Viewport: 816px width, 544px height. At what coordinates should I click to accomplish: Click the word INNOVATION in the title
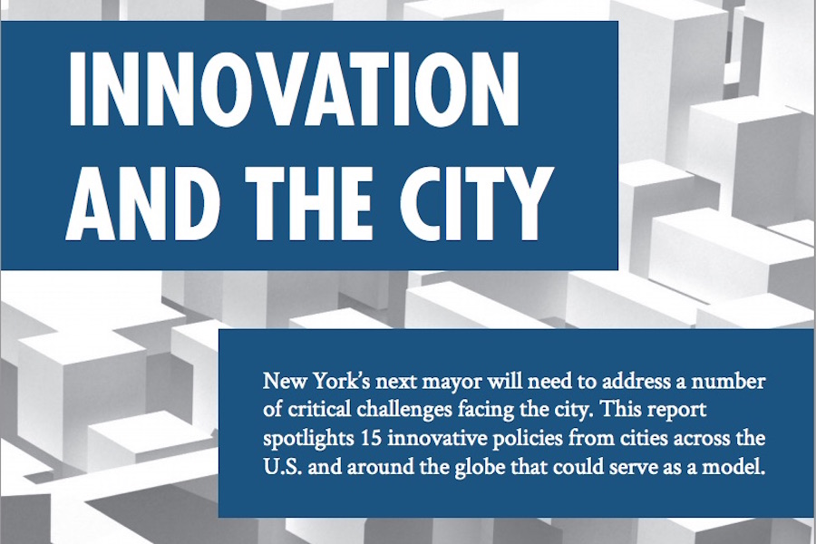pos(294,89)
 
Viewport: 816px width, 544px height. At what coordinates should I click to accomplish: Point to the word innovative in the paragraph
pos(435,438)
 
